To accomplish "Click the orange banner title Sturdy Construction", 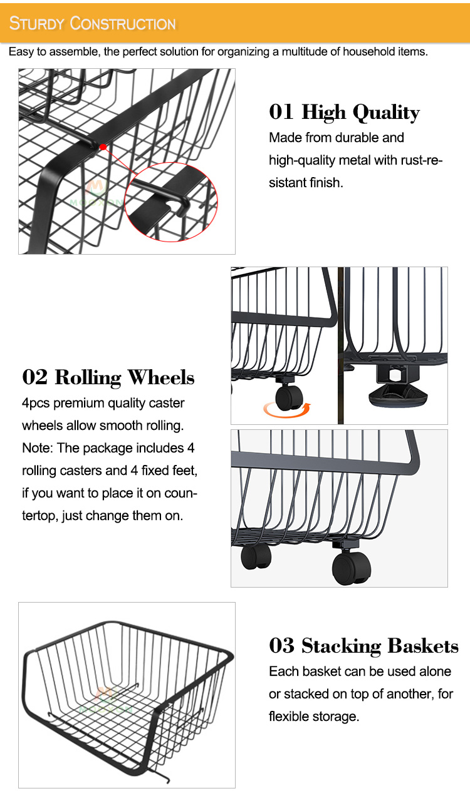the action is click(92, 23).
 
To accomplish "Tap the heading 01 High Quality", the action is click(344, 112).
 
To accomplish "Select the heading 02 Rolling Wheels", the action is click(108, 377).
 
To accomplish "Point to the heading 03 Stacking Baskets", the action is click(363, 646).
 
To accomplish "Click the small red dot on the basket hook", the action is click(103, 147).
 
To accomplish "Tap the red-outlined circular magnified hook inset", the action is click(171, 202).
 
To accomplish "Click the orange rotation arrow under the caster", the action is click(287, 410).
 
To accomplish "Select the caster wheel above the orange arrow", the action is click(289, 397).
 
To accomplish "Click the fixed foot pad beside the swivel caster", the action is click(398, 396).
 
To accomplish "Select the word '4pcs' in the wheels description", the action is click(36, 404).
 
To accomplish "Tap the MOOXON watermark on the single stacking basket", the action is click(106, 701).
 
